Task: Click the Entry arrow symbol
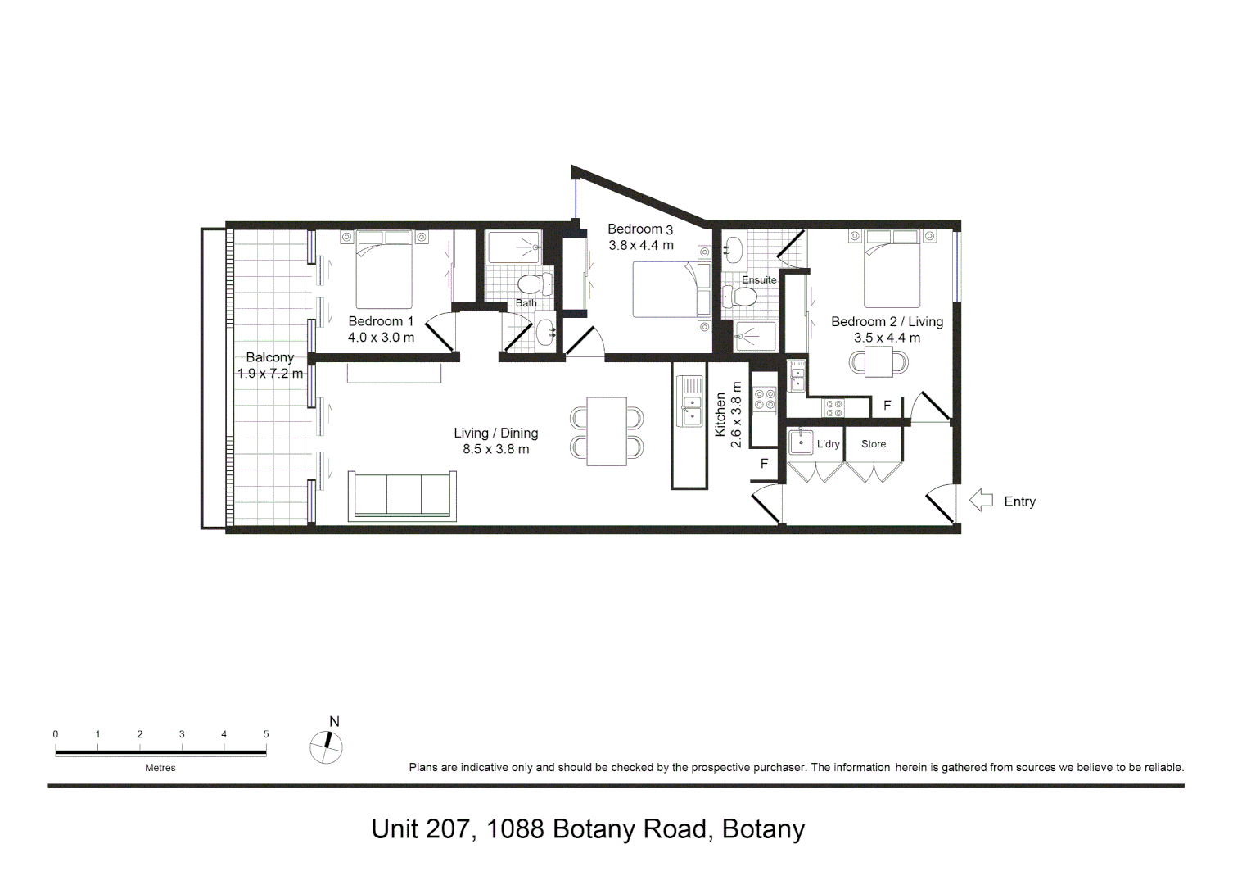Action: pyautogui.click(x=981, y=501)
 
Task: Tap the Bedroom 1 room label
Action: pyautogui.click(x=381, y=321)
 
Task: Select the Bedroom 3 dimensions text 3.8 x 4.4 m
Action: pyautogui.click(x=641, y=245)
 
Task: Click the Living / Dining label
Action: pyautogui.click(x=496, y=433)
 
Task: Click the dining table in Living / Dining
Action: pyautogui.click(x=607, y=431)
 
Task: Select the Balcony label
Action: pyautogui.click(x=269, y=357)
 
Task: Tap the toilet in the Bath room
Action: pyautogui.click(x=534, y=285)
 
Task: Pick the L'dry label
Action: pyautogui.click(x=828, y=444)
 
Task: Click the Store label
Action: pyautogui.click(x=874, y=444)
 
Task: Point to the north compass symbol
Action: pyautogui.click(x=326, y=746)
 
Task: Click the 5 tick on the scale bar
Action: pyautogui.click(x=266, y=734)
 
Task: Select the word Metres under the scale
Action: pyautogui.click(x=160, y=768)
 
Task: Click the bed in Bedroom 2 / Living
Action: pyautogui.click(x=892, y=271)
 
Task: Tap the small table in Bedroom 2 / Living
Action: pyautogui.click(x=878, y=361)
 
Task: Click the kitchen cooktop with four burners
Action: pyautogui.click(x=765, y=400)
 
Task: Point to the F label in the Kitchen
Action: pyautogui.click(x=764, y=464)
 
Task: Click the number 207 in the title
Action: pyautogui.click(x=447, y=829)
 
